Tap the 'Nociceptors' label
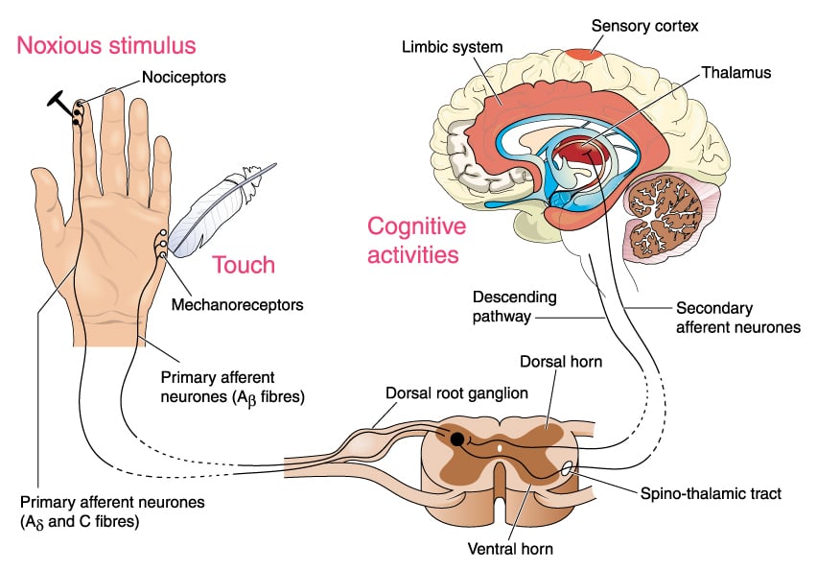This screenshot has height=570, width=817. [182, 76]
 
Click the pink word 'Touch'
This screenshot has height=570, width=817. [243, 265]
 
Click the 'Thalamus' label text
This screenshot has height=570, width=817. [735, 72]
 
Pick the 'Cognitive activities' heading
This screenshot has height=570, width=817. [416, 240]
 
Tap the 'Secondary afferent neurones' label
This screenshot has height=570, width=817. [737, 318]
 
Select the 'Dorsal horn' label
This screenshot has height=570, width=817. [557, 362]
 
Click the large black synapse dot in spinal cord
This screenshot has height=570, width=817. [457, 439]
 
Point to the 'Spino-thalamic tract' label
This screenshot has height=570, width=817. [712, 493]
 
